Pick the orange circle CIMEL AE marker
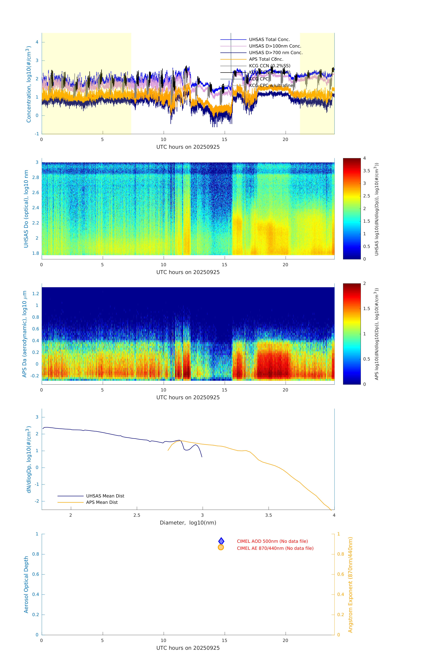pyautogui.click(x=221, y=547)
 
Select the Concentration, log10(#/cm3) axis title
pyautogui.click(x=28, y=84)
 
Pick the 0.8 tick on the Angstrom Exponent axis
pyautogui.click(x=341, y=554)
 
